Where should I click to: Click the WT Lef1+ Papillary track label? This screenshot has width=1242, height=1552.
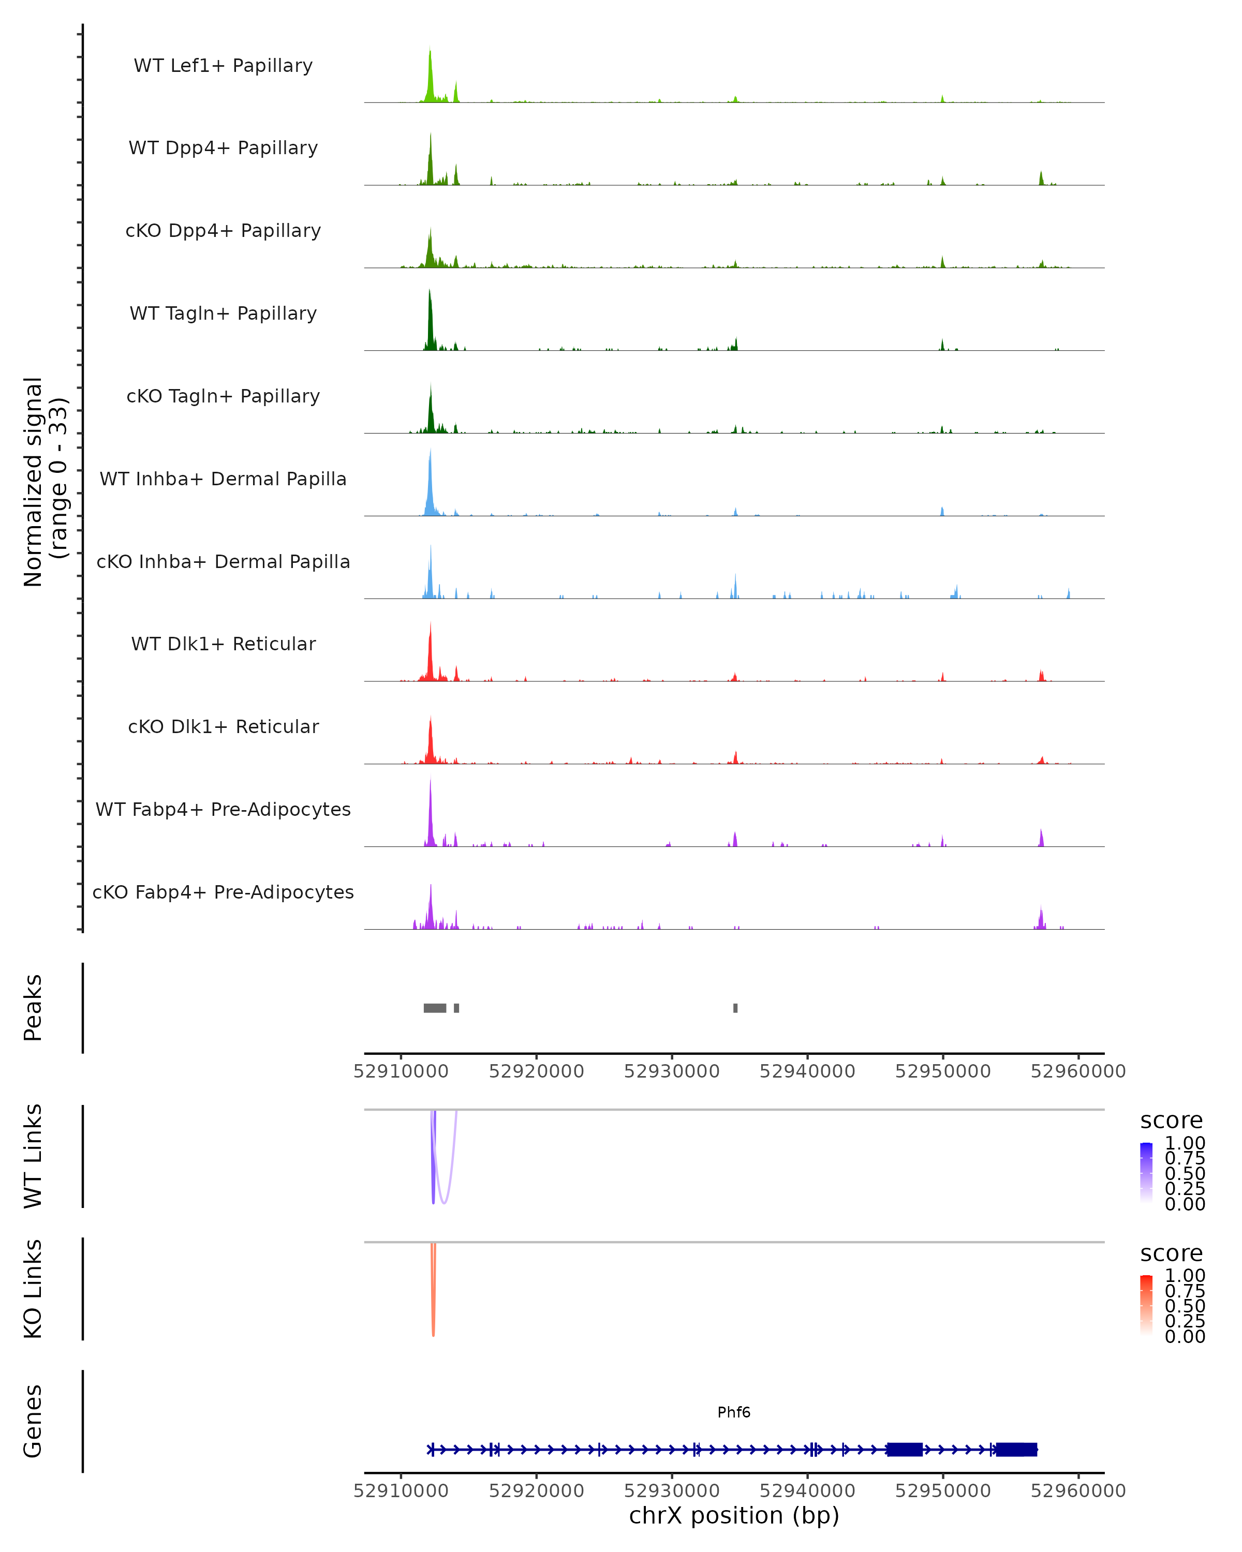click(223, 66)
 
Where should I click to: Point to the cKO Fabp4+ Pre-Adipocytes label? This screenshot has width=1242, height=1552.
click(223, 892)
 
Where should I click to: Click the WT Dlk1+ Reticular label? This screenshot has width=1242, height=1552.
click(223, 644)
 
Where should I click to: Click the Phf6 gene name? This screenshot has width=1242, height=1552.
click(734, 1412)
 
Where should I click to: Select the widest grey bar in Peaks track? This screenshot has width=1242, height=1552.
click(435, 1008)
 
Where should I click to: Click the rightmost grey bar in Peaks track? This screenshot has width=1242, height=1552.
click(735, 1008)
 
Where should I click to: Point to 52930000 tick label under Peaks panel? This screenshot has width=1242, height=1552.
click(672, 1071)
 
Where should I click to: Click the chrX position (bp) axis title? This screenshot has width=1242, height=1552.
click(734, 1515)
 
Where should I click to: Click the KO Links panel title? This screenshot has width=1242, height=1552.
click(33, 1289)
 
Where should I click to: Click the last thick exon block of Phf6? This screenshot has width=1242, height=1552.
click(1016, 1450)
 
